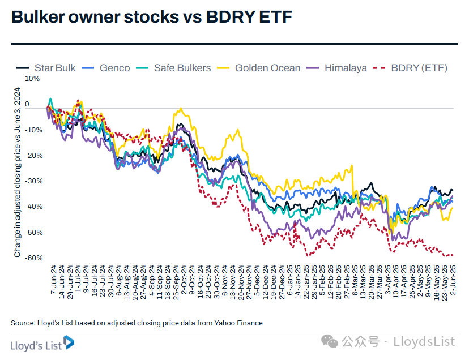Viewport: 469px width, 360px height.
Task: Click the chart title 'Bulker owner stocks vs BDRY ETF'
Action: coord(152,18)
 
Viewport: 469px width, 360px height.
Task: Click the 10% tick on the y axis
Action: coord(33,79)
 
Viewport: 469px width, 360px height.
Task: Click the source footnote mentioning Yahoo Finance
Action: coord(137,323)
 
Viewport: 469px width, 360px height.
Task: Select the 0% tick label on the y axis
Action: coord(35,105)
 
